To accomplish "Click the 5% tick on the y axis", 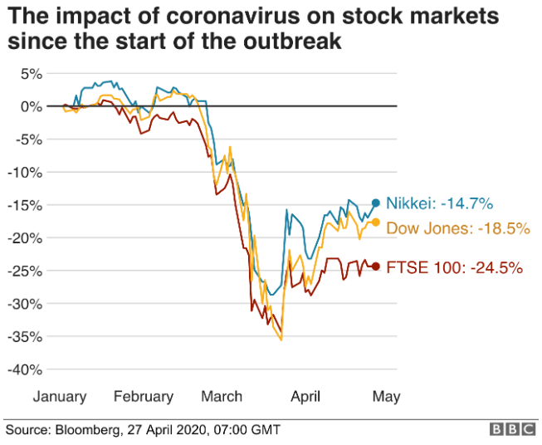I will coord(31,74).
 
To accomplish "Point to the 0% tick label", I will coord(31,106).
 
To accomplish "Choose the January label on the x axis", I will coord(59,397).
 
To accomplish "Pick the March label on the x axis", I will coord(222,397).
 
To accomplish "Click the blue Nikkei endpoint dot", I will coord(375,203).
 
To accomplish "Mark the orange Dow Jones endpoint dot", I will coord(375,222).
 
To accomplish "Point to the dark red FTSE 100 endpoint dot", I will coord(375,267).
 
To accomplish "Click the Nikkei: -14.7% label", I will coord(440,203).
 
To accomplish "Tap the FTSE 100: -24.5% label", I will coord(454,267).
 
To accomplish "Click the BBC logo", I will coord(513,430).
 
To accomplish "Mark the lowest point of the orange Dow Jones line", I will coord(282,340).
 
